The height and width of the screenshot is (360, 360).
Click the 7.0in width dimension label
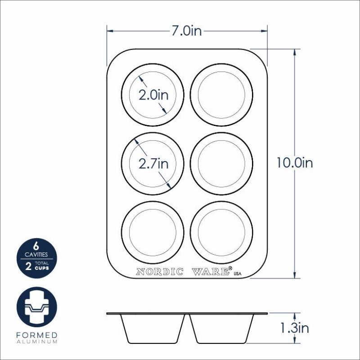pyautogui.click(x=187, y=31)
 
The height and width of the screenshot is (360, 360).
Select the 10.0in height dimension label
pyautogui.click(x=295, y=163)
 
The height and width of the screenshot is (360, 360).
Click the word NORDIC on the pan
pyautogui.click(x=159, y=272)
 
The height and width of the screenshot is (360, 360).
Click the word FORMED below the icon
pyautogui.click(x=37, y=335)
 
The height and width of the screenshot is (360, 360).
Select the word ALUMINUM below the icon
pyautogui.click(x=37, y=342)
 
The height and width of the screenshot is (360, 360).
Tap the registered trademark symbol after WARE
pyautogui.click(x=230, y=269)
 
